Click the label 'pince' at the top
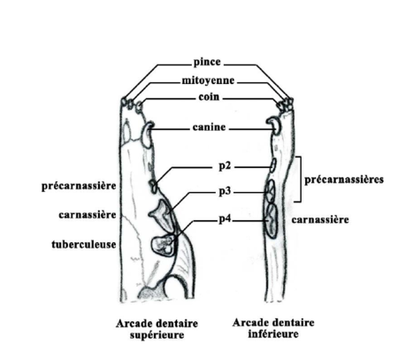(207, 62)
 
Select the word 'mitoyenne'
(208, 80)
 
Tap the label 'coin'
(209, 96)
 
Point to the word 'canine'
(209, 127)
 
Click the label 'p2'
(225, 166)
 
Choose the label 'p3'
(225, 192)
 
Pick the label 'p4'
(225, 219)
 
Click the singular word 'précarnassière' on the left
(79, 186)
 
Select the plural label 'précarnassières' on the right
(344, 180)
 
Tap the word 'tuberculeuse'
(84, 244)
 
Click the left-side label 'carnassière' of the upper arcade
(88, 215)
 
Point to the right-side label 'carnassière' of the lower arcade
(320, 219)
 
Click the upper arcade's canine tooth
(147, 134)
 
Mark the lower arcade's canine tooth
(275, 126)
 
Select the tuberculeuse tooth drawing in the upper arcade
(163, 245)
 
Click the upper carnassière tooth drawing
(163, 215)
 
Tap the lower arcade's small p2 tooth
(273, 165)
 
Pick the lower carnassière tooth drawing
(272, 220)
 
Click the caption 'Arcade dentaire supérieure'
(157, 329)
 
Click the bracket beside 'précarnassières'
(301, 180)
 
